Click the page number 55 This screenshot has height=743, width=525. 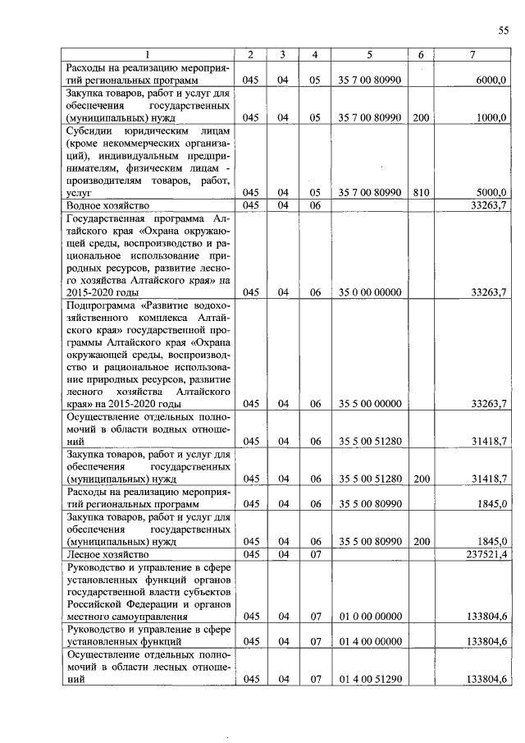pos(504,30)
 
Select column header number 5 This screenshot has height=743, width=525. pos(369,54)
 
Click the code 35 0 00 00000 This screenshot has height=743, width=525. pos(369,291)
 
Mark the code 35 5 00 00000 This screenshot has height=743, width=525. pos(369,403)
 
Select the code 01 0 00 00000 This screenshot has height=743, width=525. pos(369,616)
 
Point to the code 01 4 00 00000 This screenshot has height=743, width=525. pos(369,641)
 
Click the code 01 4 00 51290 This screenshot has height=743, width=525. pos(369,678)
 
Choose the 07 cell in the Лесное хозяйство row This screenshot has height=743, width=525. pos(314,555)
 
